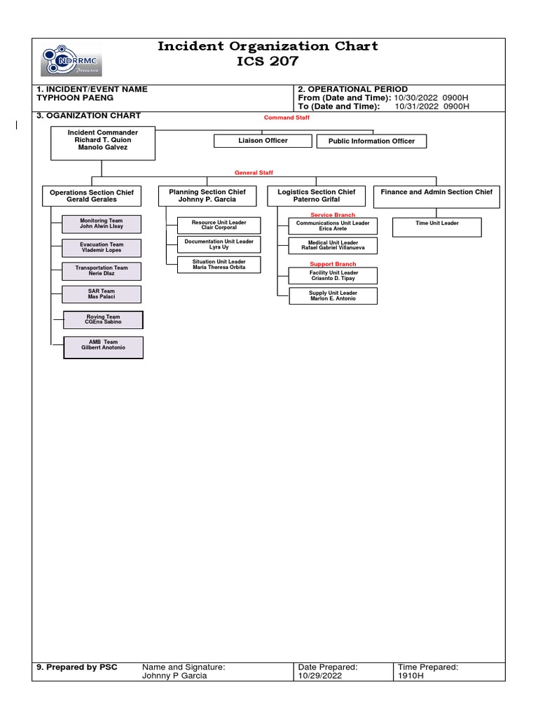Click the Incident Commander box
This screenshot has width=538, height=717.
(x=102, y=144)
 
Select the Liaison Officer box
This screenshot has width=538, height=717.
(x=263, y=141)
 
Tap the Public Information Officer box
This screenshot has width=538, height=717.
(x=371, y=141)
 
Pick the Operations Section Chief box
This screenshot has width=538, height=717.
(x=92, y=195)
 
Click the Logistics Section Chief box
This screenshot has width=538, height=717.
(x=316, y=195)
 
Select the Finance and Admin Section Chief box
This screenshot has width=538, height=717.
(x=436, y=196)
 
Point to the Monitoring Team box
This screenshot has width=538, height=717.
(x=101, y=224)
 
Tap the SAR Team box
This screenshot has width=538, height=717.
(x=101, y=294)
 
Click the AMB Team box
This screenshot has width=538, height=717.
(x=103, y=347)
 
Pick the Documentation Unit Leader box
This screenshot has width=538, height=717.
(x=209, y=244)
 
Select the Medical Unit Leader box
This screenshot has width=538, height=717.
(x=333, y=246)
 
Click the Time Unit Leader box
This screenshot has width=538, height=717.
(x=437, y=227)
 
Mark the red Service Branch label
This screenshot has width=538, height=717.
(x=333, y=215)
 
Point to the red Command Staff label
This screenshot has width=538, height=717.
(x=287, y=118)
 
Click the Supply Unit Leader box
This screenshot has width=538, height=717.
(x=333, y=296)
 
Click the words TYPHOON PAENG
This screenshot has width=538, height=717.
(x=75, y=98)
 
